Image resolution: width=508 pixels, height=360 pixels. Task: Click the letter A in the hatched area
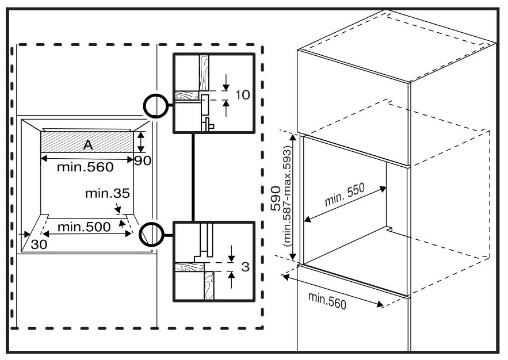point(88,145)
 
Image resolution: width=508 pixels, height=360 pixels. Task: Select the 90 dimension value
point(143,160)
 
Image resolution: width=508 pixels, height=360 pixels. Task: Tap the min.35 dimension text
point(107,193)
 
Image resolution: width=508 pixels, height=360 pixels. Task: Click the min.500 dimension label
point(84,227)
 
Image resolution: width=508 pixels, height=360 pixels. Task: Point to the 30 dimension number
point(39,244)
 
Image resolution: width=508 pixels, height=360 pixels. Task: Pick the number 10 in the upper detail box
point(242,95)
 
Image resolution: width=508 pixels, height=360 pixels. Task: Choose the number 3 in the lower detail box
point(245,267)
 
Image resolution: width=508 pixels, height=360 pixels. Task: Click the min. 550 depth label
point(345,194)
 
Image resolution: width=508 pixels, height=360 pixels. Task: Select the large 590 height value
point(276,198)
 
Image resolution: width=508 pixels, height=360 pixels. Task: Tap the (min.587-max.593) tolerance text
point(288,196)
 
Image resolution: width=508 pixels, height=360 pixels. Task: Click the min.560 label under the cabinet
point(327,301)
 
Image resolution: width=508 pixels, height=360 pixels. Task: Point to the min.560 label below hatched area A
point(85,167)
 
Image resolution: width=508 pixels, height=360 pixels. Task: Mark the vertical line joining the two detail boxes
point(193,177)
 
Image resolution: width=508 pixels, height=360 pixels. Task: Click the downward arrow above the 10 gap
point(226,83)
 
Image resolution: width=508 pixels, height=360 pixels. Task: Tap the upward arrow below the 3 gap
point(231,280)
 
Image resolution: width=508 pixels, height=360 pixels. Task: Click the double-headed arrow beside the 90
point(140,142)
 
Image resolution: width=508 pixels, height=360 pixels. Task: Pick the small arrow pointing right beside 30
point(25,233)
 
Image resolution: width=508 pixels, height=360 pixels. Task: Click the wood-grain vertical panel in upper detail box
point(204,73)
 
